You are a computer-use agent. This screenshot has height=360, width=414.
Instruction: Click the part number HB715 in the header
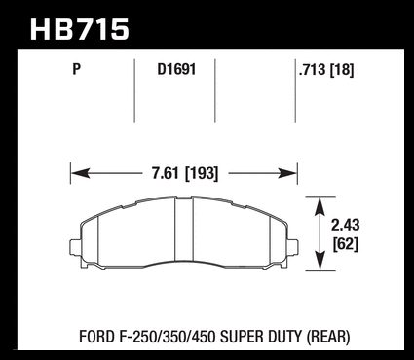tap(80, 30)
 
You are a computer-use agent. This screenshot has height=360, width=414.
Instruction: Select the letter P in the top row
tap(76, 69)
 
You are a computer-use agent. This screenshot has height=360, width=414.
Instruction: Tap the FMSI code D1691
tap(176, 69)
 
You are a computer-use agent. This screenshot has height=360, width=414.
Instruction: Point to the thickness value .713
tap(313, 69)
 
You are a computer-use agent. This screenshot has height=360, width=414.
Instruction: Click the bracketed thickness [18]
tap(342, 69)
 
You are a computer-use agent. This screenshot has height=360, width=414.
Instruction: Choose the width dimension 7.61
tap(166, 173)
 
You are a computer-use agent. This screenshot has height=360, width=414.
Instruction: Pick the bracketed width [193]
tap(202, 173)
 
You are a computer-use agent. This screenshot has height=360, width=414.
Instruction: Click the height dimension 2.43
tap(346, 225)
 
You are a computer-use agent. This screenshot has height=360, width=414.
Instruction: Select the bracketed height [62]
tap(346, 244)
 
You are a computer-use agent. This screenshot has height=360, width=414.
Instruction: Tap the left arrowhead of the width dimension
tap(80, 173)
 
